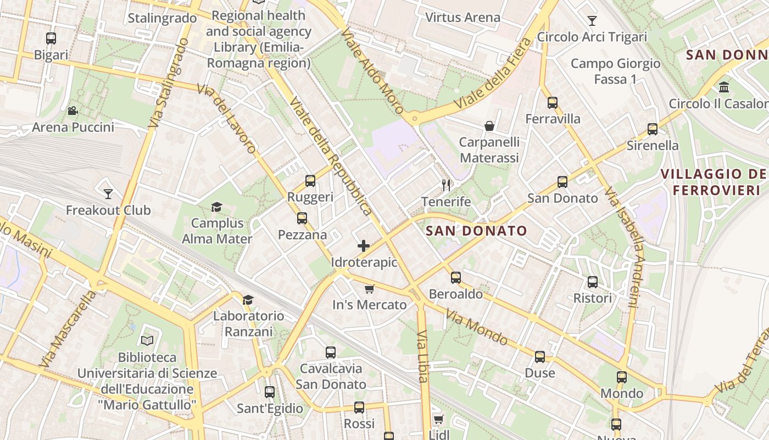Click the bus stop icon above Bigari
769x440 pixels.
[51, 38]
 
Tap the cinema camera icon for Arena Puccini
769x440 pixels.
[73, 111]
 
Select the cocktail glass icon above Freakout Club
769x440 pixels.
[108, 194]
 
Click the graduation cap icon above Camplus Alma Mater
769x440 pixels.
[217, 207]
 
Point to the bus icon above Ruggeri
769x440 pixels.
[310, 180]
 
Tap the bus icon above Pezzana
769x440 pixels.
[302, 218]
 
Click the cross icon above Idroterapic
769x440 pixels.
[364, 246]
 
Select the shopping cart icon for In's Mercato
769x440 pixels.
[370, 289]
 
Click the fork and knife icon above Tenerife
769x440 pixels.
[446, 185]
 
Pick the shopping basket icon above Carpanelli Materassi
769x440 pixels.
[489, 126]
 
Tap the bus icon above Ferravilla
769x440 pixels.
[553, 102]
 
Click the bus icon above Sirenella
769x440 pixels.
[653, 129]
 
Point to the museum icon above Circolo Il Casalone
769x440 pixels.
[724, 87]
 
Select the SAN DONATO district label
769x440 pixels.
[476, 231]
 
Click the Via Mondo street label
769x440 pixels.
[476, 327]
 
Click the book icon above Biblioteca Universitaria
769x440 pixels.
[147, 341]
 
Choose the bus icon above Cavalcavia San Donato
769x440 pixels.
[331, 352]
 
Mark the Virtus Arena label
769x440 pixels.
[463, 17]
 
